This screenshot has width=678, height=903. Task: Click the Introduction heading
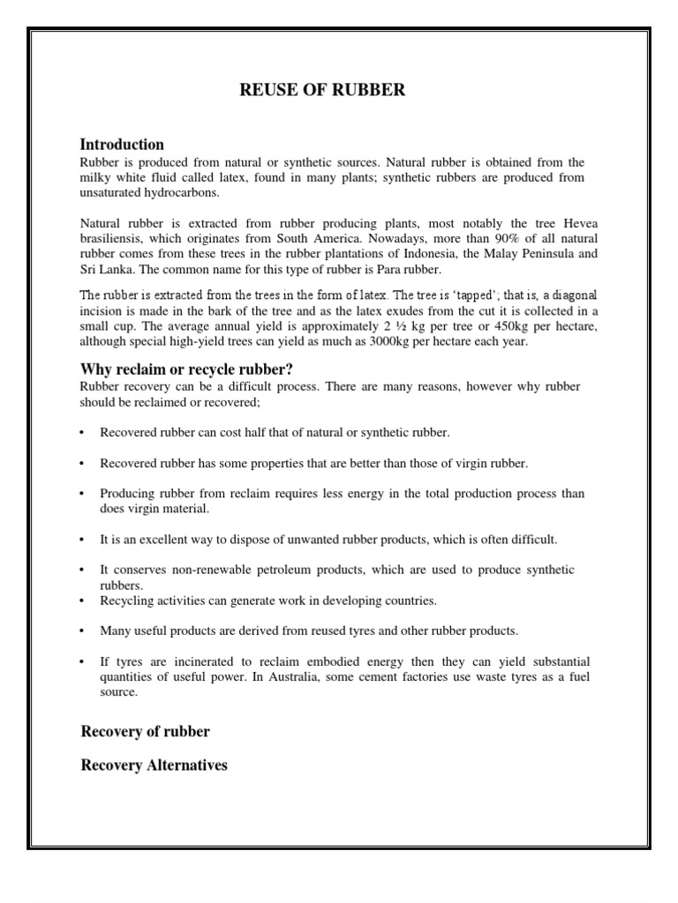(122, 144)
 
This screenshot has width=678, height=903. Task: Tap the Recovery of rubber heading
(145, 732)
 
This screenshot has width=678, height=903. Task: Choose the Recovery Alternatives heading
(154, 765)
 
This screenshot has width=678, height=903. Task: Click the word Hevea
(566, 223)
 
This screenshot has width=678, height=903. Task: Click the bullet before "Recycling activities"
(82, 601)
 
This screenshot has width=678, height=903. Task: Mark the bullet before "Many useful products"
(82, 631)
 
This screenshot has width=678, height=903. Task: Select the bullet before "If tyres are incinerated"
(82, 661)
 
